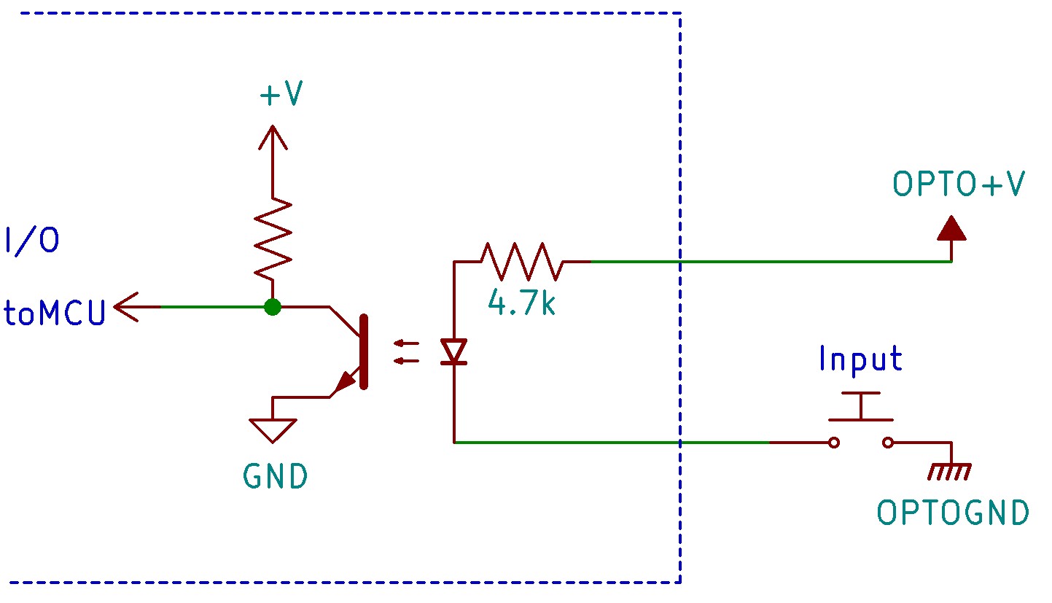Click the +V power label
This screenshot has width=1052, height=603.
point(281,95)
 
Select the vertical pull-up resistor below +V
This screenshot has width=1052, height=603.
point(273,239)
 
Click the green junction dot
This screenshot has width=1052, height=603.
point(273,308)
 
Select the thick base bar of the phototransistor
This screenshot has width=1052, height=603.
point(364,352)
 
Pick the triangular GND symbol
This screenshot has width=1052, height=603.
point(273,429)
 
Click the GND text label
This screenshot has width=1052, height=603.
point(276,477)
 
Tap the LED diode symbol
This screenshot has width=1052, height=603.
point(455,352)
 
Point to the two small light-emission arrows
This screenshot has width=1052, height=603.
point(405,351)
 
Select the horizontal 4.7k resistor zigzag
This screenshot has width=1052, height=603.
point(522,262)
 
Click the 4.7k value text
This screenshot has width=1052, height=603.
point(522,302)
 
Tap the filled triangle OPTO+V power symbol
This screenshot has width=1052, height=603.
point(951,230)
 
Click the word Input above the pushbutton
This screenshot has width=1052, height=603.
point(860,359)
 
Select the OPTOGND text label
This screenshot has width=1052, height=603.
point(953,513)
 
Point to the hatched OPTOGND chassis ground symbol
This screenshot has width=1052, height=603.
point(949,472)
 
